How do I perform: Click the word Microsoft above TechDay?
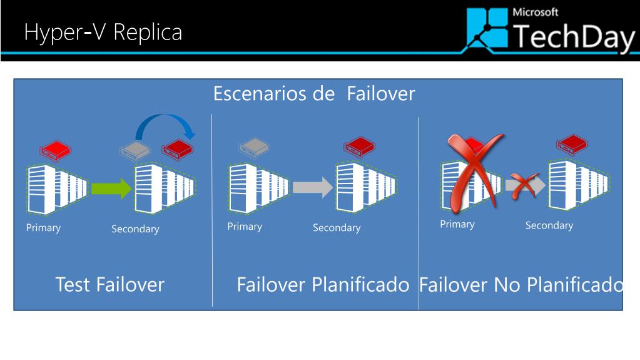tap(535, 12)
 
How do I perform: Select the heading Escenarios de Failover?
tap(314, 94)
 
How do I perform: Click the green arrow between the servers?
tap(111, 188)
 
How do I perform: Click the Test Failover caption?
tap(110, 285)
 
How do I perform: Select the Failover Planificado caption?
tap(323, 285)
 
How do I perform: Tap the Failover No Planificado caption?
tap(521, 285)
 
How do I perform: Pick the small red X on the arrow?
tap(524, 186)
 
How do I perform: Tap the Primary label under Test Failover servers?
tap(43, 227)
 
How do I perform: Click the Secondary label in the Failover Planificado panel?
tap(337, 228)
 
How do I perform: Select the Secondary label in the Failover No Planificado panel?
tap(549, 225)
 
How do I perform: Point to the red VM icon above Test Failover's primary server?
tap(54, 150)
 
